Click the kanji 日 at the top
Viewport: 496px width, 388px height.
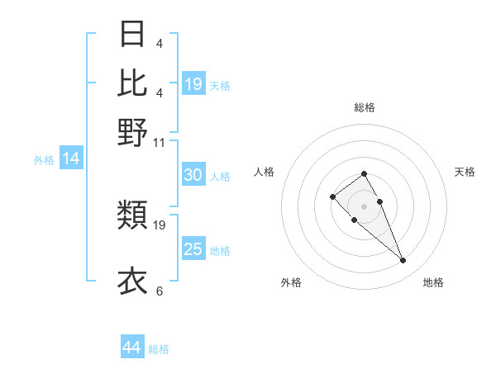tap(133, 34)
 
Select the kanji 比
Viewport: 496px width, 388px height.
tap(133, 83)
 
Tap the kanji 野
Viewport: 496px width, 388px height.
tap(133, 132)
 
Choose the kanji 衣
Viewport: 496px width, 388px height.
tap(133, 282)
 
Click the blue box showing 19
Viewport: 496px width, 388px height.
tap(193, 84)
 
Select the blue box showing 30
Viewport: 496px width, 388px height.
tap(193, 175)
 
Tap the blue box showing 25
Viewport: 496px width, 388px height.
tap(193, 249)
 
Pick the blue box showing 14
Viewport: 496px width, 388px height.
tap(71, 159)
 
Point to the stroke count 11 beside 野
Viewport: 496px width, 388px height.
tap(160, 143)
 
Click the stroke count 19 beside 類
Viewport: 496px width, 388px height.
tap(160, 225)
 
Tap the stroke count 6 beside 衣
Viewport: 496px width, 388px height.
tap(160, 291)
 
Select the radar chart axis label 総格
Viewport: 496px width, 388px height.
tap(365, 107)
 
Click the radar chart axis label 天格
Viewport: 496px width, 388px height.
tap(465, 172)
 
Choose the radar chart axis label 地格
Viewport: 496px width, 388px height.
tap(433, 282)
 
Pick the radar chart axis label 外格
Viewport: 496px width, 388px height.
tap(291, 282)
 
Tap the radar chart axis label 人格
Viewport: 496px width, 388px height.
tap(265, 172)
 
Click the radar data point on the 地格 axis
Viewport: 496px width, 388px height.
tap(403, 261)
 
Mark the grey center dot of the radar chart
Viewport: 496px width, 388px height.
tap(365, 206)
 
